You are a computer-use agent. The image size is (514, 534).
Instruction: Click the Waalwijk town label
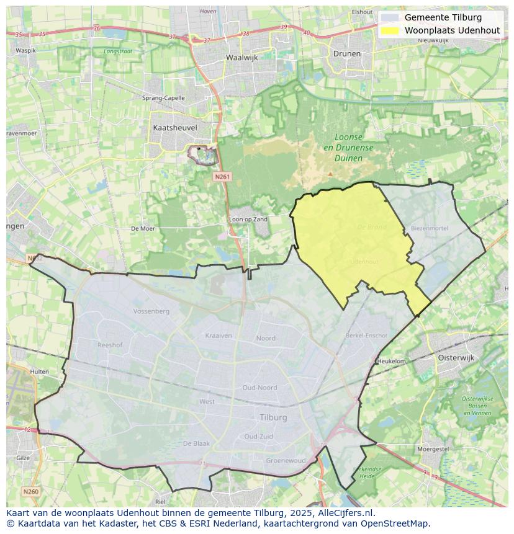(x=242, y=57)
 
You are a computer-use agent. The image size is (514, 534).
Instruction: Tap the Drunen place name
(x=346, y=53)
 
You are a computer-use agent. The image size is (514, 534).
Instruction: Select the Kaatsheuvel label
(x=174, y=127)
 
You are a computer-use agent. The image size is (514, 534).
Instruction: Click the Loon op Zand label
(x=248, y=220)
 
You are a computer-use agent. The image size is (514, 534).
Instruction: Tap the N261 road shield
(x=222, y=177)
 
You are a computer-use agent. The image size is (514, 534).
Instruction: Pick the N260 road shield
(x=30, y=492)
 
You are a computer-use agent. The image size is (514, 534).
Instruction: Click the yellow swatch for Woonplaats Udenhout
(x=390, y=30)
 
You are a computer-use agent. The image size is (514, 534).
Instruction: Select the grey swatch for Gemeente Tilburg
(x=390, y=17)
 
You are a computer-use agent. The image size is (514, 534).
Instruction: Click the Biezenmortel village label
(x=429, y=228)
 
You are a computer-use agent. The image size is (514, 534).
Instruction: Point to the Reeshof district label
(x=110, y=344)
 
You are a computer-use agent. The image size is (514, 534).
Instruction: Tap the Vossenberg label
(x=151, y=311)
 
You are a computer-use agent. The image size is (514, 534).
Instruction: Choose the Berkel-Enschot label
(x=366, y=336)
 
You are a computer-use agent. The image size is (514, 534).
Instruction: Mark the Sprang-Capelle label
(x=163, y=98)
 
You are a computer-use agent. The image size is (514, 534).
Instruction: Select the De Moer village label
(x=143, y=228)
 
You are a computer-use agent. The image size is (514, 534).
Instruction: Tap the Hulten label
(x=40, y=372)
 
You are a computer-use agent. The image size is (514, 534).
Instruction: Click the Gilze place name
(x=23, y=458)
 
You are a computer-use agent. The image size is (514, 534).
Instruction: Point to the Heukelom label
(x=392, y=361)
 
